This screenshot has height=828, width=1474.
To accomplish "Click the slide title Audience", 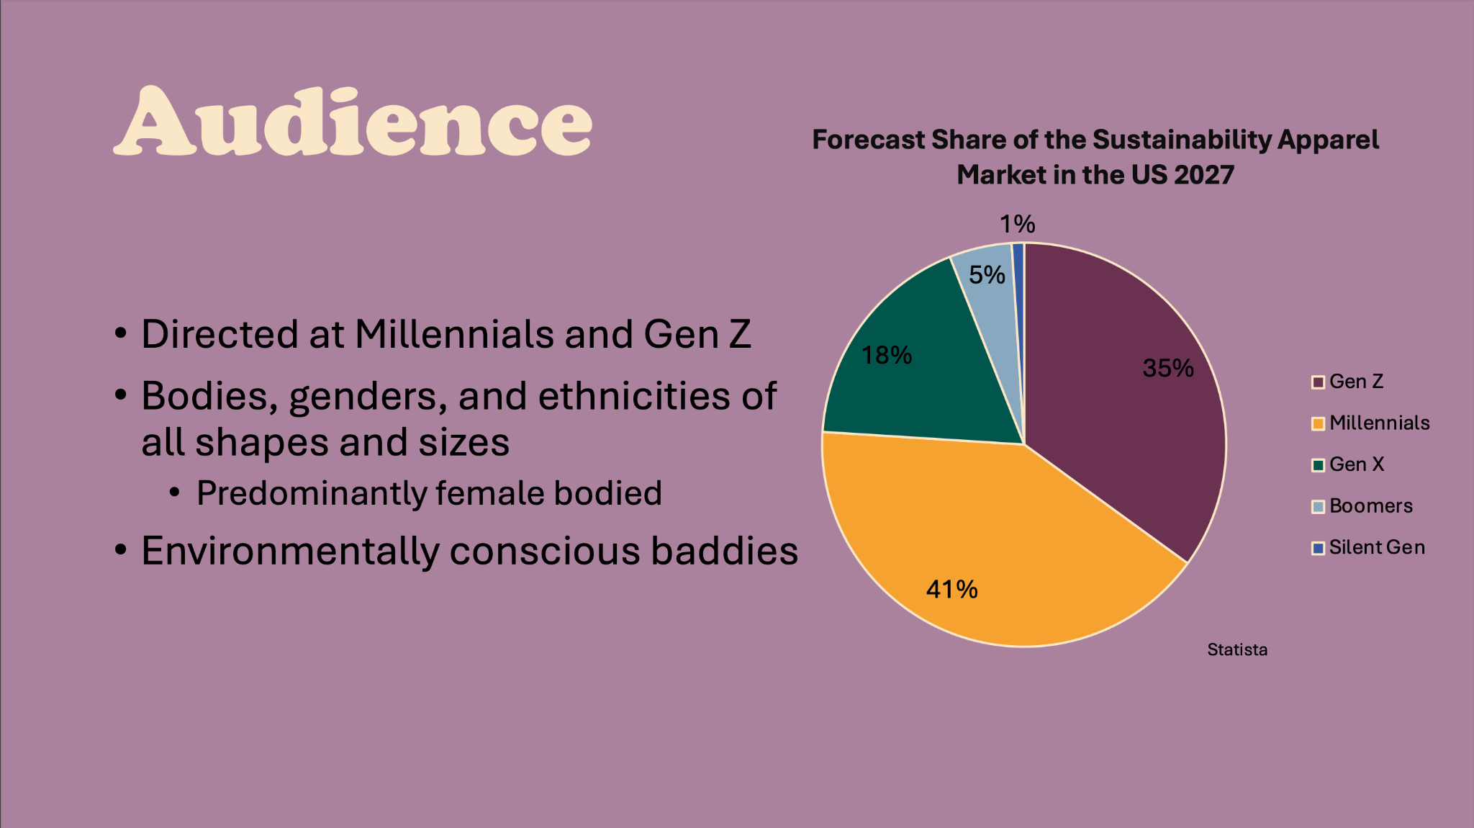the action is [353, 121].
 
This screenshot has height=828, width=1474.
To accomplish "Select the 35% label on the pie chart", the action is [1168, 368].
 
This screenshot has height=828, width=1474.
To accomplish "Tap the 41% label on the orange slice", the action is [951, 590].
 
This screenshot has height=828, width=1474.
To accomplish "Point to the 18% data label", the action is [887, 355].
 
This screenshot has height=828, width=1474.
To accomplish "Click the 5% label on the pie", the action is [987, 274].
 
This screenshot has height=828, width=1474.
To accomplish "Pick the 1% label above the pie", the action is [1017, 224].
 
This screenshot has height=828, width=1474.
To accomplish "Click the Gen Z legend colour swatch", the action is [1318, 382].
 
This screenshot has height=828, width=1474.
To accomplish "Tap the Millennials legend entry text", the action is [1379, 423].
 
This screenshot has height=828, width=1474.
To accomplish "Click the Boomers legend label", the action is [1371, 506].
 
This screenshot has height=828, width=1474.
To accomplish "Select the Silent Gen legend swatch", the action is [1318, 548].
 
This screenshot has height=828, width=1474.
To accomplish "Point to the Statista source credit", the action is [1237, 649].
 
